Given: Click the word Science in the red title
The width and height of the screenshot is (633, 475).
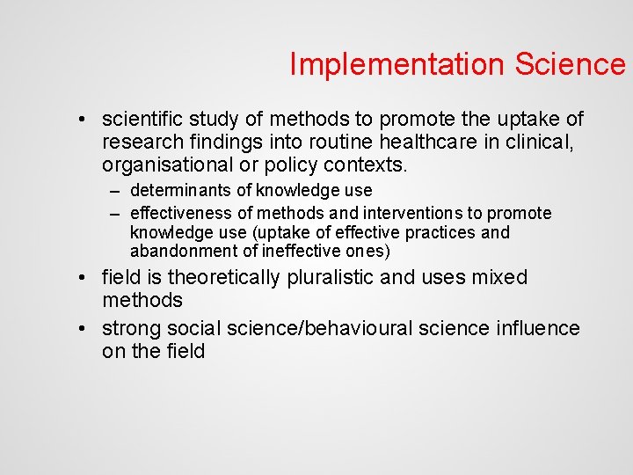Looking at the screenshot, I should (571, 64).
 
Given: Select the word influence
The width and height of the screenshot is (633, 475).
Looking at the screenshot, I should (537, 328).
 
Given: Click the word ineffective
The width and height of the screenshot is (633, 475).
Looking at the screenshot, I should (303, 252).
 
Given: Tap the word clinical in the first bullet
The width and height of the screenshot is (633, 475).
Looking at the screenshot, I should (549, 142).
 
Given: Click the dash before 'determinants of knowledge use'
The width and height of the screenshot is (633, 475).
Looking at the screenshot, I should (115, 191).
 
